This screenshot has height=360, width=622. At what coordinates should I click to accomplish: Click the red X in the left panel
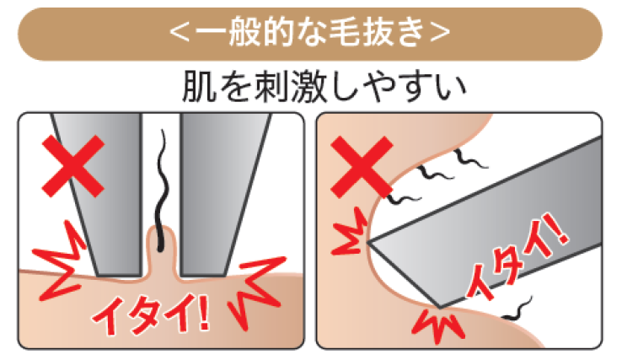pos(73,166)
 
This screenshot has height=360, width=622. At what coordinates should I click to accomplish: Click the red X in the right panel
pos(362,167)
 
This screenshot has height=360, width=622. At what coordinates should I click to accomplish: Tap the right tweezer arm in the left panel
pos(221,195)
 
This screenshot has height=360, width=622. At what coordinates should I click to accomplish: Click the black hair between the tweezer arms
pos(162,191)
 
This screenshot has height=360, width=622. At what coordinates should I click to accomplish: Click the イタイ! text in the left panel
pos(152,314)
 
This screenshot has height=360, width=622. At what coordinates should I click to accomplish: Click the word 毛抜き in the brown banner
pos(372,32)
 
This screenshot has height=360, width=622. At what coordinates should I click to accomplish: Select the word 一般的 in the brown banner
pos(246,32)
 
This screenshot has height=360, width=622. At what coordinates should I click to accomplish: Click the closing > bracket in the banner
pos(440,33)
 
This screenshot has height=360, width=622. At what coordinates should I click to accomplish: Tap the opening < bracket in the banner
pos(180,33)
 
